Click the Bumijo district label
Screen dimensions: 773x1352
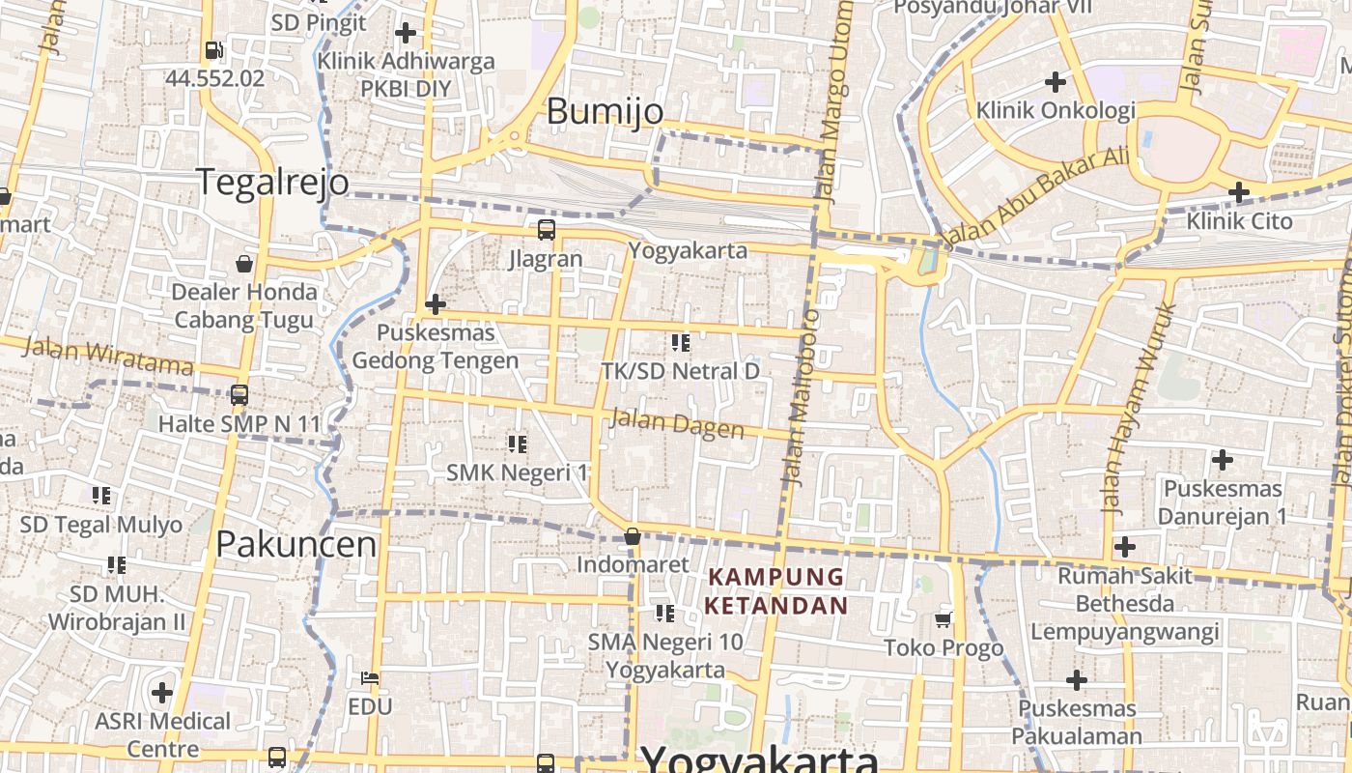point(606,111)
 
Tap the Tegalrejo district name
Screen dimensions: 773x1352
point(272,182)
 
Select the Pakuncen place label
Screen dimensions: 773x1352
point(296,545)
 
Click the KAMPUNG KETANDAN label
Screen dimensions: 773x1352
point(776,591)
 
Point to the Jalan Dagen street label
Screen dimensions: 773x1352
point(677,424)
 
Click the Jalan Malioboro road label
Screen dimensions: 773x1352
point(801,396)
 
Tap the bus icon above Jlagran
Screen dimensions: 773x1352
point(547,230)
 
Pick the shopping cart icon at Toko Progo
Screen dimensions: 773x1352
point(944,619)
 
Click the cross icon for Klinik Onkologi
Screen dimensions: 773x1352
point(1056,81)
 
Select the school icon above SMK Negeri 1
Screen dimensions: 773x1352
point(518,444)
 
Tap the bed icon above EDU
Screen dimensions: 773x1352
point(370,677)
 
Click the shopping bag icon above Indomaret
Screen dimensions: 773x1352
point(633,536)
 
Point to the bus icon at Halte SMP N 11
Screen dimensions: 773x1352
point(239,395)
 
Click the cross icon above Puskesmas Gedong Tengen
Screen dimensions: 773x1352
point(436,304)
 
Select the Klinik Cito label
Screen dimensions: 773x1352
point(1239,221)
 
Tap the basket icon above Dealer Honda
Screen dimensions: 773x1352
point(244,263)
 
